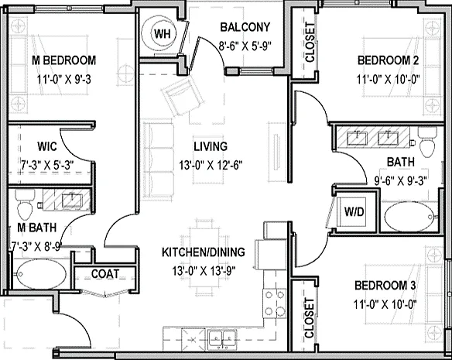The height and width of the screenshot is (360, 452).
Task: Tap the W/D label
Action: click(354, 212)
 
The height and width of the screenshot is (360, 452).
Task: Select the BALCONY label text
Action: click(245, 27)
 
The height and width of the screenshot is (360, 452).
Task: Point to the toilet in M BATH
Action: click(25, 204)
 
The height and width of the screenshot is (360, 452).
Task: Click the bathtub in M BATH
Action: click(41, 274)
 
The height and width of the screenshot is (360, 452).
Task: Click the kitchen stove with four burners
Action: click(274, 303)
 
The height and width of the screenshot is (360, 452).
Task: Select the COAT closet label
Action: click(105, 274)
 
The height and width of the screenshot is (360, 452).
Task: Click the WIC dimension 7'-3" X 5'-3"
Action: click(47, 165)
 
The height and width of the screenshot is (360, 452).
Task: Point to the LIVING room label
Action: click(211, 146)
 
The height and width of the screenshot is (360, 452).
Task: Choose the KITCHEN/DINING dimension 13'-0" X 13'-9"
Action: click(204, 271)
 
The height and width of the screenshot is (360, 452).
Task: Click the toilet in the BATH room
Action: click(428, 142)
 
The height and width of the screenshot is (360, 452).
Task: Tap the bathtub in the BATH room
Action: click(409, 216)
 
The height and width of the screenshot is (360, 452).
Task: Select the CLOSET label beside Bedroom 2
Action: click(310, 43)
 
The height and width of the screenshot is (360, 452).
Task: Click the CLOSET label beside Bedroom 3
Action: click(309, 318)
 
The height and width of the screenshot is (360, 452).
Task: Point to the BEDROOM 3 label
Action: click(385, 286)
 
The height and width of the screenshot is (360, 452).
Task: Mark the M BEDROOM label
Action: click(63, 60)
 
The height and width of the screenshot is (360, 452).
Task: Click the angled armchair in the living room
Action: click(182, 94)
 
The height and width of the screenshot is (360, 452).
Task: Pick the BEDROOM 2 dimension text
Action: click(388, 79)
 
